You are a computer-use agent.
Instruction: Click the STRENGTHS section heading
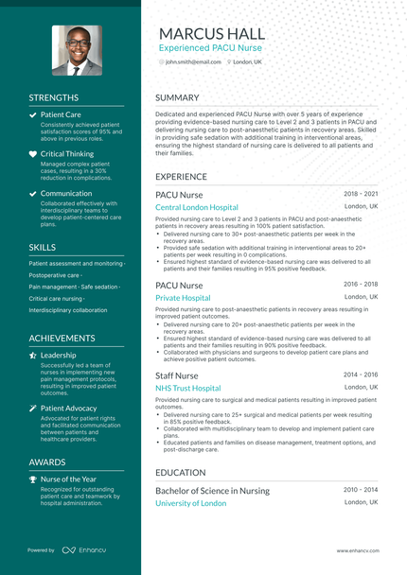pos(54,97)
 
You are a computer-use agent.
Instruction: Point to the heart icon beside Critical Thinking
pos(33,153)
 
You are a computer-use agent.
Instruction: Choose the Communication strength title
pos(66,193)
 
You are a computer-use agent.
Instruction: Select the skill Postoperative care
pos(54,275)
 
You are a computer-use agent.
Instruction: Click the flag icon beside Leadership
pos(33,356)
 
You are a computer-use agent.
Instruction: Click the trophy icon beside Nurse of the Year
pos(33,479)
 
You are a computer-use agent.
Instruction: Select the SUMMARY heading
pos(177,97)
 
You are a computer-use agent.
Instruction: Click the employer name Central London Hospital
pos(197,207)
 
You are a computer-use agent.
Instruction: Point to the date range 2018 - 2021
pos(361,193)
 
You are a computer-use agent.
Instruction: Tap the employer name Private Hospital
pos(183,298)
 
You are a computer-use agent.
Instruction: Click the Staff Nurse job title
pos(177,375)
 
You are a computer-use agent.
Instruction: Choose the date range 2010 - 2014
pos(361,489)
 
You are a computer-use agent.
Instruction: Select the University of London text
pos(191,503)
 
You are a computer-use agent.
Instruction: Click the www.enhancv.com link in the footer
pos(358,550)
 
